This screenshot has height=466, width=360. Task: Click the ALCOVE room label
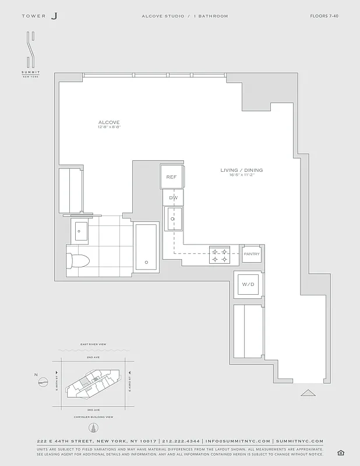point(109,122)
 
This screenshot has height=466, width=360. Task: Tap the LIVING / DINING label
point(241,170)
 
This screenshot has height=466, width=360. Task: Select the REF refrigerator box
point(171,177)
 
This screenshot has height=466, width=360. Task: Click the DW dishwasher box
point(173,198)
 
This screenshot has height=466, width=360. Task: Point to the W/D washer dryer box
point(248,284)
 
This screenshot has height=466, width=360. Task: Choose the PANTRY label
point(252,254)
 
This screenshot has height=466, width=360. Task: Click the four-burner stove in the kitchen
point(220,253)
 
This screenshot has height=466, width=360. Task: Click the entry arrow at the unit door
point(308,393)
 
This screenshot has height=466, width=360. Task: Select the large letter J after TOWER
point(54,16)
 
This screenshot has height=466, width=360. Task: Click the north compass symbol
point(43,382)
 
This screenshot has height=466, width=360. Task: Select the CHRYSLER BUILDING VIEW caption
point(93,417)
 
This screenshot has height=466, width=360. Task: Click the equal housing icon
point(340,453)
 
